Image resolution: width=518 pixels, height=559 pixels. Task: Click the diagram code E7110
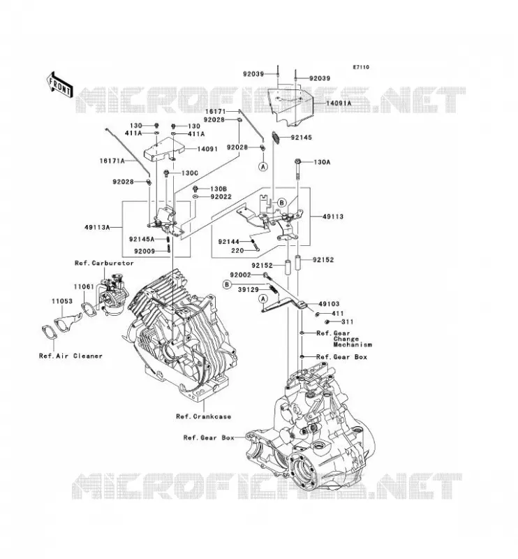click(x=361, y=67)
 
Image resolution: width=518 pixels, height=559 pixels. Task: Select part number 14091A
click(x=339, y=103)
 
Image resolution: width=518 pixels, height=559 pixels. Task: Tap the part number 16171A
click(x=112, y=161)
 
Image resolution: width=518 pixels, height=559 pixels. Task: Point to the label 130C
click(x=189, y=173)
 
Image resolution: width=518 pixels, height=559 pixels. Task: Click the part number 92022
click(x=221, y=197)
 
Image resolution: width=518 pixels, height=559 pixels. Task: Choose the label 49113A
click(x=98, y=226)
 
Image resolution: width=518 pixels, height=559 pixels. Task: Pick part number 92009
click(x=145, y=252)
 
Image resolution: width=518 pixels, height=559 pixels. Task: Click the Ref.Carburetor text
click(x=104, y=263)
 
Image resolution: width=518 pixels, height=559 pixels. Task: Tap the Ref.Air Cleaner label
click(x=71, y=356)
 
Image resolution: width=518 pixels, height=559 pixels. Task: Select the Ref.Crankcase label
click(x=203, y=416)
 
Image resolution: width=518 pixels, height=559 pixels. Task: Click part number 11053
click(x=62, y=301)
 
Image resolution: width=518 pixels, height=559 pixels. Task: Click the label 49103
click(x=329, y=304)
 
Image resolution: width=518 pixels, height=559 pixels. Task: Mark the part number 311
click(x=348, y=322)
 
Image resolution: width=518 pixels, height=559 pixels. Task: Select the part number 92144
click(x=229, y=242)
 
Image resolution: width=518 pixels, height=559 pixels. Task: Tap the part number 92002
click(x=240, y=275)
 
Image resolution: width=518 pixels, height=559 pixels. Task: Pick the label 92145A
click(x=142, y=239)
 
